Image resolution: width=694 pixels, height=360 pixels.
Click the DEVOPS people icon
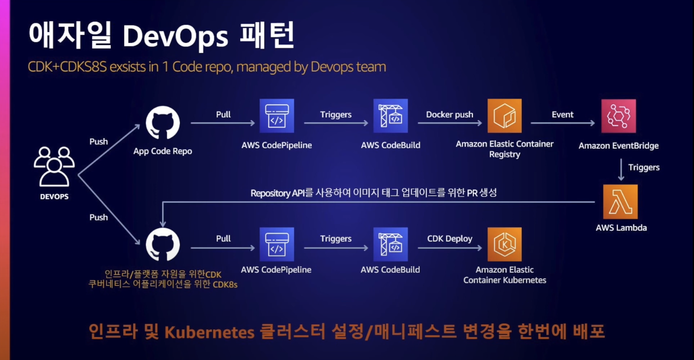[x=54, y=166]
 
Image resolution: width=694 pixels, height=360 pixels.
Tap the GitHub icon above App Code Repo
[x=163, y=123]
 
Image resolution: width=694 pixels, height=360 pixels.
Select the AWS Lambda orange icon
[x=620, y=202]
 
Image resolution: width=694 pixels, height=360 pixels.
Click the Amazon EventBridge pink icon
[x=618, y=116]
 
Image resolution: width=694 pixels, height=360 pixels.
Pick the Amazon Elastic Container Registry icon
[x=504, y=116]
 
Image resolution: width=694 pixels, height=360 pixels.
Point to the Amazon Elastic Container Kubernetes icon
[x=504, y=244]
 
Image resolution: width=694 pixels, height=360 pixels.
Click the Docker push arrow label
[x=449, y=115]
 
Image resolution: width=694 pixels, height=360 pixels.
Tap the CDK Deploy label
[x=449, y=238]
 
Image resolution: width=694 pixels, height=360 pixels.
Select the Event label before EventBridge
[x=562, y=115]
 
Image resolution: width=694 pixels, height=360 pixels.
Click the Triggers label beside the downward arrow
[x=644, y=167]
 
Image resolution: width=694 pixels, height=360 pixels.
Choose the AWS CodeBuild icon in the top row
[x=390, y=116]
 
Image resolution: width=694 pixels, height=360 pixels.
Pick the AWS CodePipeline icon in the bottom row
[x=277, y=244]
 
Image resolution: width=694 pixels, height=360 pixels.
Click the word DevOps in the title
[x=175, y=36]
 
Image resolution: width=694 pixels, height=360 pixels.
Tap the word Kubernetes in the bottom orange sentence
[x=209, y=332]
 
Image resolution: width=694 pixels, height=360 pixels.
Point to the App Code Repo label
[x=162, y=151]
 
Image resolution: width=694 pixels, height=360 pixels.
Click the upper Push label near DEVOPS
[x=98, y=142]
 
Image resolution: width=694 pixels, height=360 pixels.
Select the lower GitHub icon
[x=163, y=245]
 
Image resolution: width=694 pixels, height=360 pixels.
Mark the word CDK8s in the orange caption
[x=225, y=284]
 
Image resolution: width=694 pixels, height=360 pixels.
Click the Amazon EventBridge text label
[x=618, y=146]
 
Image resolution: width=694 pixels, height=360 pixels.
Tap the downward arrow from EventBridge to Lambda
[x=621, y=170]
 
